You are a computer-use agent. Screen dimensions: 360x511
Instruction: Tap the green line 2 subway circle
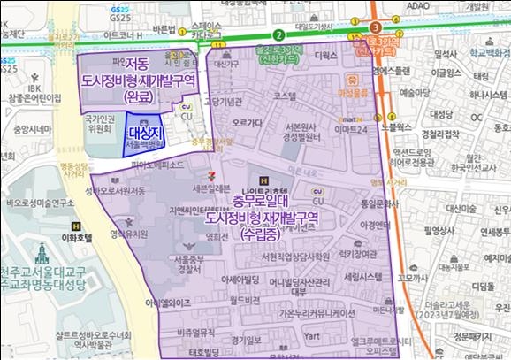278,34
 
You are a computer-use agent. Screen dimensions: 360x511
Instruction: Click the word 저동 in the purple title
137,65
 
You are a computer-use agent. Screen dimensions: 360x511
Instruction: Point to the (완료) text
138,96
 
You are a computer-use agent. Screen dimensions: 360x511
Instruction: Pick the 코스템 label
289,95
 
